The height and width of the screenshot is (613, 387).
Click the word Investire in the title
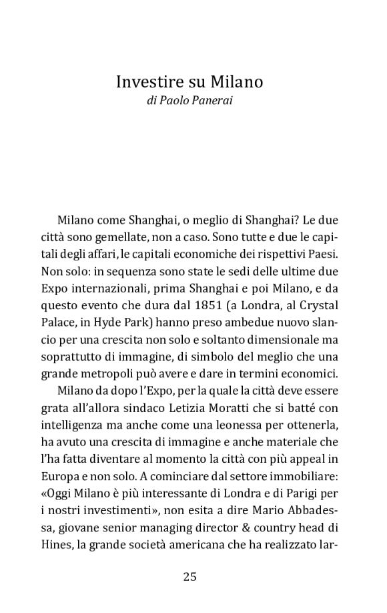[x=147, y=82]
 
